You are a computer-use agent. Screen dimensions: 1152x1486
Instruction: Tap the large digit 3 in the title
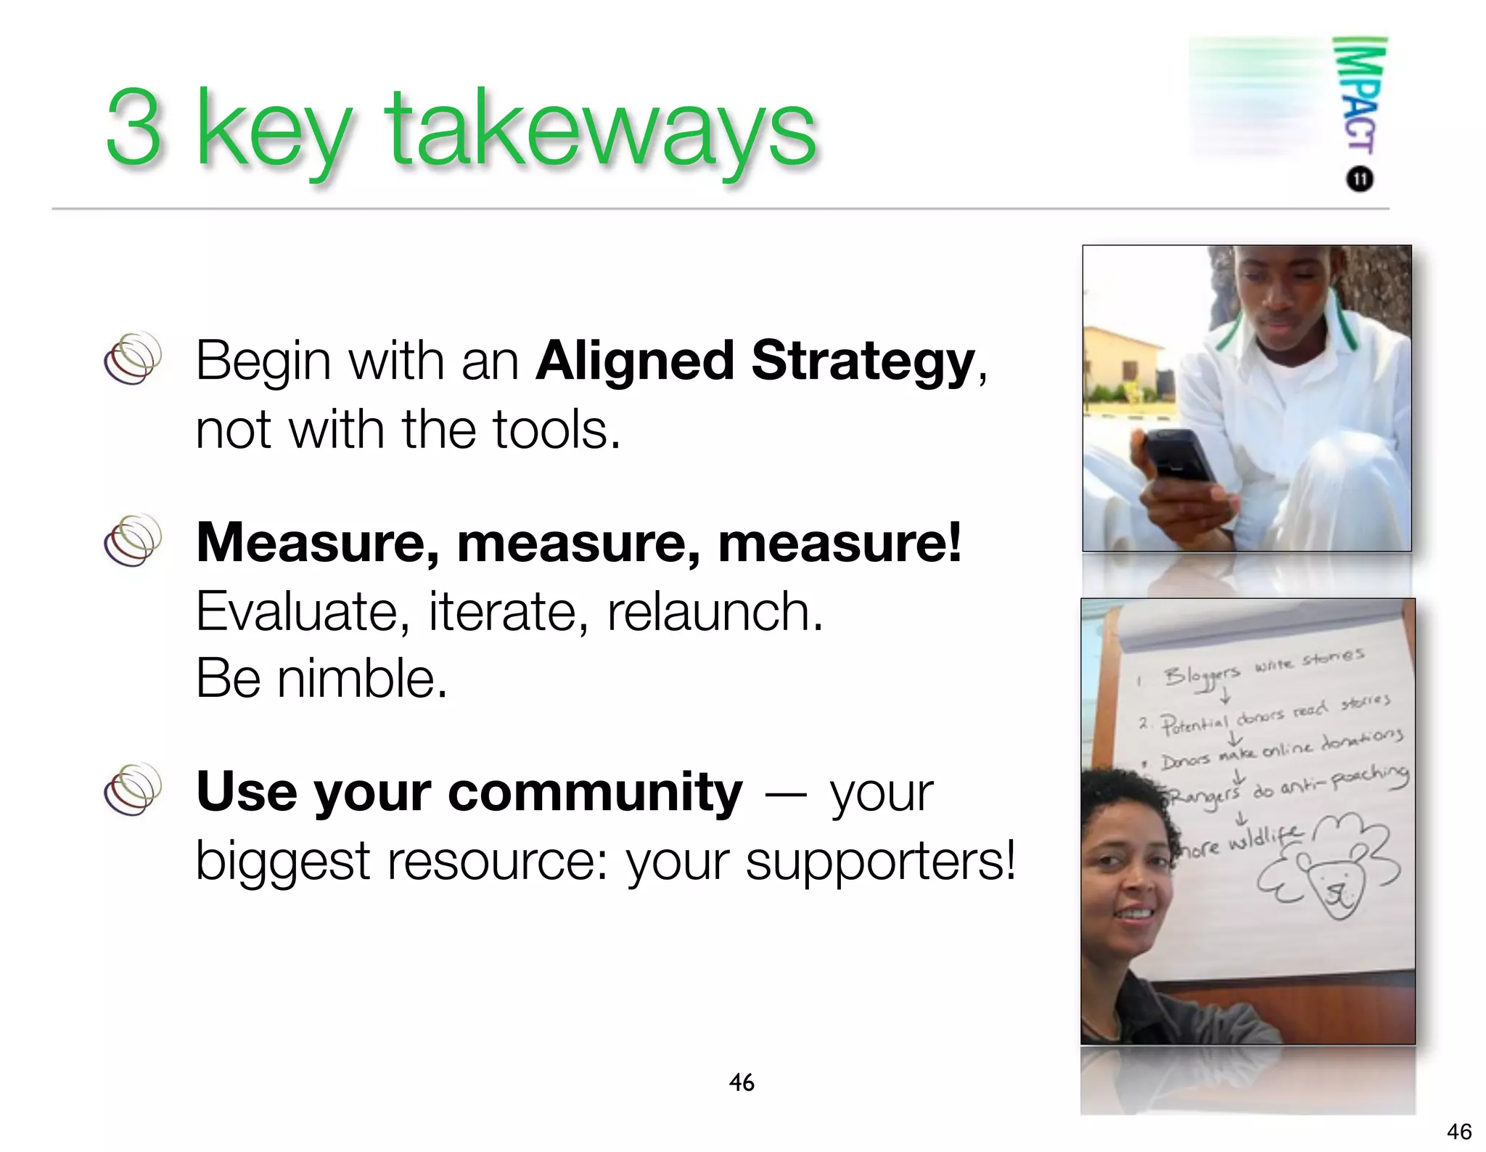click(133, 127)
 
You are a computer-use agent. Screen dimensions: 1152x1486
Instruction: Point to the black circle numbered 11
click(1360, 179)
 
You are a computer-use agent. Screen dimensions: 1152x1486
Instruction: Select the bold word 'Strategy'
click(863, 361)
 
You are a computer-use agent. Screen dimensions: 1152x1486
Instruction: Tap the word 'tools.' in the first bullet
click(557, 430)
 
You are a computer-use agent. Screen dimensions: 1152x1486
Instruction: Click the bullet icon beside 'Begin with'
click(132, 359)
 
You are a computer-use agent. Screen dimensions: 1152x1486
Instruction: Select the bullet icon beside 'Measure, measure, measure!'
click(132, 541)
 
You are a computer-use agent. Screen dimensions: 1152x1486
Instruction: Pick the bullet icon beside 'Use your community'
click(132, 790)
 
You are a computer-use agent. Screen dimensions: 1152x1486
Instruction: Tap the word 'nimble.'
click(363, 679)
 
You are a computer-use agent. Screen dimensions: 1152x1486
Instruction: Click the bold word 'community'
click(596, 793)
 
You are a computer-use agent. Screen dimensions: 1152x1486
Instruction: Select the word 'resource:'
click(497, 862)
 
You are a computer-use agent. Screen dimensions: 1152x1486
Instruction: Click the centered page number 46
click(742, 1082)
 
